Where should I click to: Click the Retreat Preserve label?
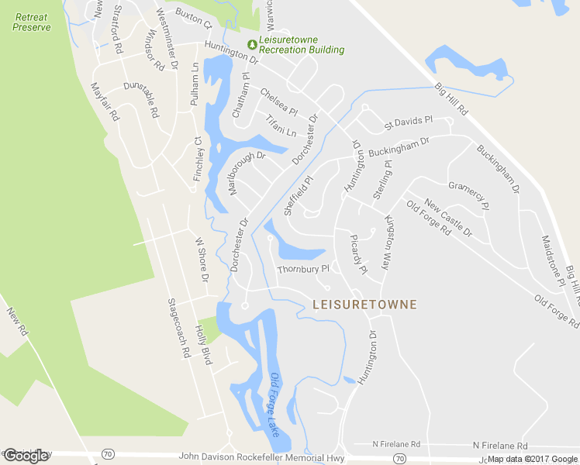pyautogui.click(x=32, y=22)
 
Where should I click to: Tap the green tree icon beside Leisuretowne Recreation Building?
pyautogui.click(x=251, y=43)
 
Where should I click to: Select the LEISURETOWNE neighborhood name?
pyautogui.click(x=364, y=305)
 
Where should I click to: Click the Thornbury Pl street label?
pyautogui.click(x=304, y=270)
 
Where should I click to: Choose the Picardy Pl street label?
pyautogui.click(x=358, y=253)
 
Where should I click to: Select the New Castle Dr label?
pyautogui.click(x=449, y=221)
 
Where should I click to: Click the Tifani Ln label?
pyautogui.click(x=281, y=126)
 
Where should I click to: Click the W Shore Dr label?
pyautogui.click(x=202, y=260)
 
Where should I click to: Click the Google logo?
pyautogui.click(x=26, y=456)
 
